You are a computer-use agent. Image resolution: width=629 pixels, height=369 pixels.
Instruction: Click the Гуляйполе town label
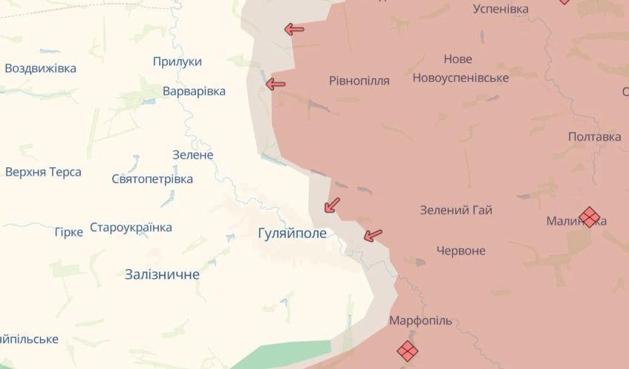292,233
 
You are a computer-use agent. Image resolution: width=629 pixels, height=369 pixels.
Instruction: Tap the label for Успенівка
501,9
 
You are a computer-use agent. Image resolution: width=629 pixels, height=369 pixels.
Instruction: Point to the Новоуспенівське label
460,77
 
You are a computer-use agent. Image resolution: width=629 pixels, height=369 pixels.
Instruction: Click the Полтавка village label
594,137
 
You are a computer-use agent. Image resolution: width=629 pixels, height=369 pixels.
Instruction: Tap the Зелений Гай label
456,211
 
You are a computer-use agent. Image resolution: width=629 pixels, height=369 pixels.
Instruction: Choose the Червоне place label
460,251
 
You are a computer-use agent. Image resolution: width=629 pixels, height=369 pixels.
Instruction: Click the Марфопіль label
420,321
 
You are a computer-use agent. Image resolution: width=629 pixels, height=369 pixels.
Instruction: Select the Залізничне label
163,275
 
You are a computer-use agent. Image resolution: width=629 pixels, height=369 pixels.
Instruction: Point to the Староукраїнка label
131,228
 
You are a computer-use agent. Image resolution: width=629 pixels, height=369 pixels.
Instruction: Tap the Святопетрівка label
152,179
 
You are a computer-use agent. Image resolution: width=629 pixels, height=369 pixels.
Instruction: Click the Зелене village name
192,155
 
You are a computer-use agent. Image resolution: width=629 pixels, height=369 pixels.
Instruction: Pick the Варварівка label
194,91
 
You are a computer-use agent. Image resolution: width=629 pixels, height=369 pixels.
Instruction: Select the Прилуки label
177,62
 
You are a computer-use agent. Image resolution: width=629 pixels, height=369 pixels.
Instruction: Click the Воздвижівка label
40,68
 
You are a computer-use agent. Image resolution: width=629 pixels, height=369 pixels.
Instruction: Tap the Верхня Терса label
43,172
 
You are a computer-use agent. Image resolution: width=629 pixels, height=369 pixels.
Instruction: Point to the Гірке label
68,232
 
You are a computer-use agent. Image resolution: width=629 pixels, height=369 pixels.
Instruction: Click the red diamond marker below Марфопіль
407,350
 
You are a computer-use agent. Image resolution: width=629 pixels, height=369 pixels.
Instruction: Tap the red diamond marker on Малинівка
589,216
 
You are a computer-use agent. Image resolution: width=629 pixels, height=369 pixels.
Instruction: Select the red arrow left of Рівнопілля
276,84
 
